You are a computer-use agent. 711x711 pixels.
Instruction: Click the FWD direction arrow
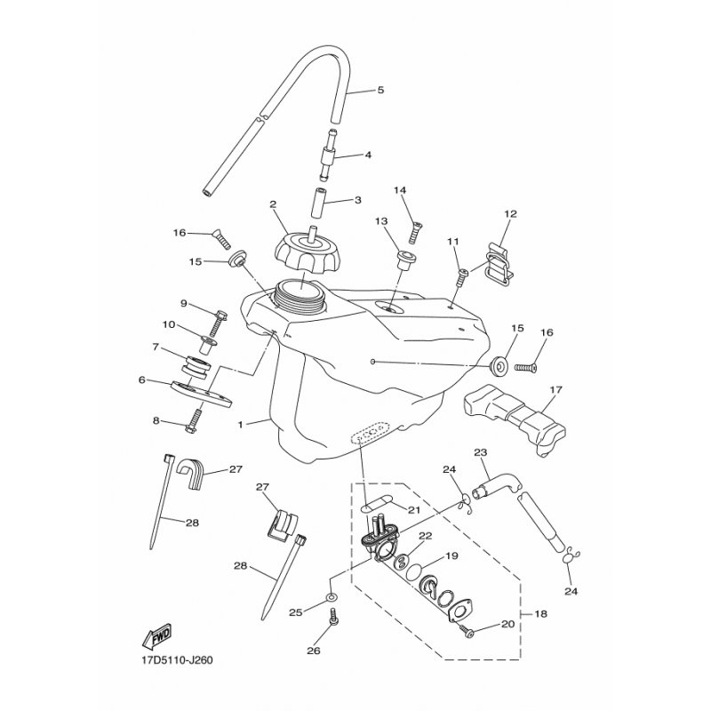[156, 636]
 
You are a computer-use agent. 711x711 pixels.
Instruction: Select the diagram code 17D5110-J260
[177, 660]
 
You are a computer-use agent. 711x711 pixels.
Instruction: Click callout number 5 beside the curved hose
[380, 90]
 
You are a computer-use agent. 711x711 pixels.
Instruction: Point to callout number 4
[367, 155]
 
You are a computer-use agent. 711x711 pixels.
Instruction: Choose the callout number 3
[358, 201]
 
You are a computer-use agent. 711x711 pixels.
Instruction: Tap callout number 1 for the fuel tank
[240, 425]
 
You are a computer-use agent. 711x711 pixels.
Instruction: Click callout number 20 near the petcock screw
[507, 624]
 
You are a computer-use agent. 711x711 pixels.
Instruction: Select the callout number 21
[412, 508]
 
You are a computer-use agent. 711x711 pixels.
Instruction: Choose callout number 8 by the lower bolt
[156, 421]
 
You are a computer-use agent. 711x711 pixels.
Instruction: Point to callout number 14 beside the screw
[400, 190]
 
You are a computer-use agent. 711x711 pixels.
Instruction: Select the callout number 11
[452, 241]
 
